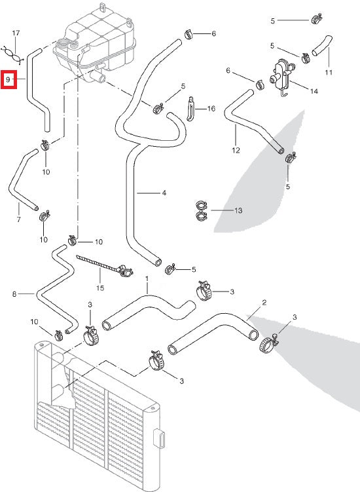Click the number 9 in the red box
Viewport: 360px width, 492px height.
[x=8, y=80]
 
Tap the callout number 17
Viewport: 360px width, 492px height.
[x=16, y=33]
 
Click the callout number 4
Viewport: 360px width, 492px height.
[x=164, y=193]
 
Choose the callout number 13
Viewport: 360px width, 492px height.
[x=238, y=211]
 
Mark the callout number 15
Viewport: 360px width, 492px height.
[x=100, y=287]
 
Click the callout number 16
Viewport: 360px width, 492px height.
[x=211, y=109]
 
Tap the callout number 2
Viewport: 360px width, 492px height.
[x=264, y=303]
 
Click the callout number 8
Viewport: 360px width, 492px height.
[x=14, y=295]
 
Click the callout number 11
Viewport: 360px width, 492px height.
[x=329, y=71]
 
